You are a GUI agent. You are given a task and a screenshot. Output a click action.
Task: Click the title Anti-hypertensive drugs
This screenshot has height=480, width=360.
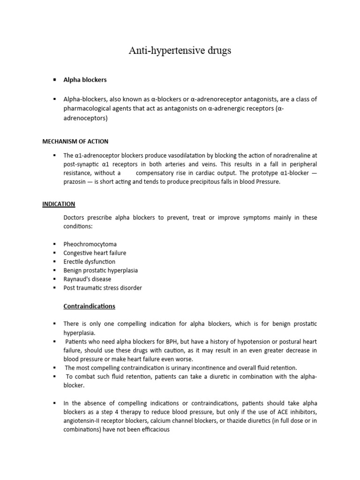(x=180, y=51)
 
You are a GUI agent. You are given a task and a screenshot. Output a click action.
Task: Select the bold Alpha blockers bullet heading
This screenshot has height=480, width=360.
(x=85, y=80)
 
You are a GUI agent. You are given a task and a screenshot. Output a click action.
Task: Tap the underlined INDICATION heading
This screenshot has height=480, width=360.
(x=59, y=204)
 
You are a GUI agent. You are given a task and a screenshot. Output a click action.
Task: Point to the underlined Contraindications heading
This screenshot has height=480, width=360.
(x=89, y=306)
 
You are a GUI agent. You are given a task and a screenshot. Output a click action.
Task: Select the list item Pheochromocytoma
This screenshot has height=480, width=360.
(x=90, y=244)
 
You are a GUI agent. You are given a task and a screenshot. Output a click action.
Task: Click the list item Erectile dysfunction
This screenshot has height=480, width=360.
(x=89, y=262)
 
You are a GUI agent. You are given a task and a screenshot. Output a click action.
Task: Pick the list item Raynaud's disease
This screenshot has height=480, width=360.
(x=87, y=279)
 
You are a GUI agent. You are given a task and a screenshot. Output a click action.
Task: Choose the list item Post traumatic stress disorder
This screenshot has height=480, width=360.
(x=103, y=288)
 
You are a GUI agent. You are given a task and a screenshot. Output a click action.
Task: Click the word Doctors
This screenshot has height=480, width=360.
(x=75, y=217)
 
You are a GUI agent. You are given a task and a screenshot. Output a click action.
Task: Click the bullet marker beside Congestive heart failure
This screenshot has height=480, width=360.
(x=55, y=253)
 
